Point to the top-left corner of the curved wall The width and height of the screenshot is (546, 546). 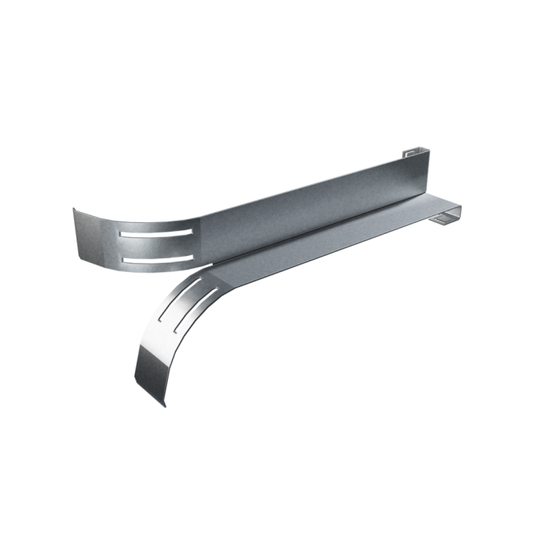pos(73,207)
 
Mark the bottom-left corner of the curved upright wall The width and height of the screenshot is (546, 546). pos(79,258)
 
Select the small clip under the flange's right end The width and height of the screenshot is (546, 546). pos(444,225)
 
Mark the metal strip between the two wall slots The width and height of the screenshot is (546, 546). pos(156,246)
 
